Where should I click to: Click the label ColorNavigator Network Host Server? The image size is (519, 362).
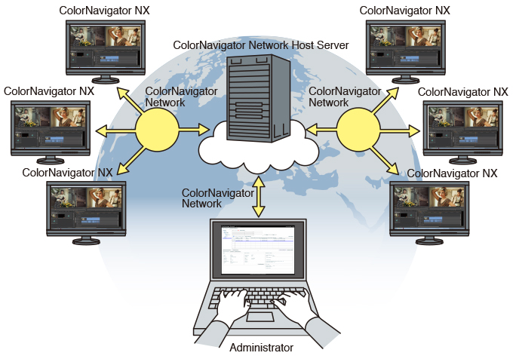pyautogui.click(x=261, y=45)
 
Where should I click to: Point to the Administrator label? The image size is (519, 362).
pyautogui.click(x=260, y=348)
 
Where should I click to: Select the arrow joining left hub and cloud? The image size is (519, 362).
pyautogui.click(x=193, y=130)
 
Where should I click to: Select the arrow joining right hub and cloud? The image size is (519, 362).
pyautogui.click(x=321, y=130)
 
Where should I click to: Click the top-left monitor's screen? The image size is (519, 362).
pyautogui.click(x=103, y=44)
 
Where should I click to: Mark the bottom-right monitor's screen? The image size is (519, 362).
pyautogui.click(x=429, y=204)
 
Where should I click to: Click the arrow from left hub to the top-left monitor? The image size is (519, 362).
pyautogui.click(x=127, y=100)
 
